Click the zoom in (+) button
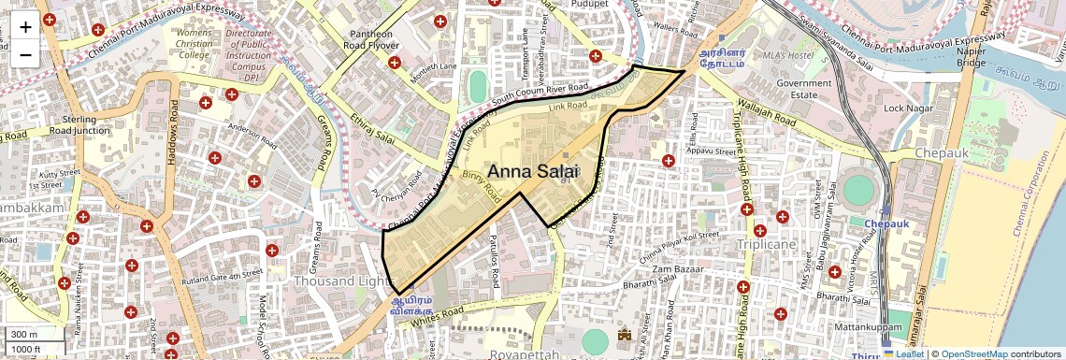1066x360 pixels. click(25, 26)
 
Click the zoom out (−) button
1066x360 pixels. click(25, 54)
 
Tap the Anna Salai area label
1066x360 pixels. click(534, 171)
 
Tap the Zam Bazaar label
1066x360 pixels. click(675, 269)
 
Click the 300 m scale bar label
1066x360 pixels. click(24, 335)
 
